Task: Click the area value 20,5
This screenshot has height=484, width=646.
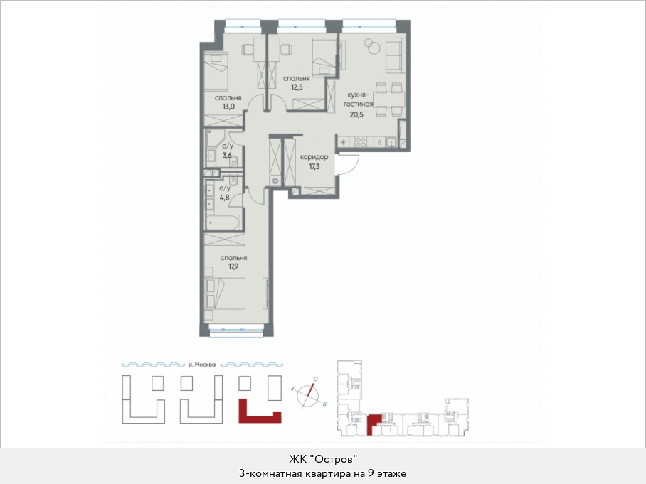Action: point(356,115)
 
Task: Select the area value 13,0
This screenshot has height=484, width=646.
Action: point(228,107)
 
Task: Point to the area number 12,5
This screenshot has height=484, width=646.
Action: point(296,87)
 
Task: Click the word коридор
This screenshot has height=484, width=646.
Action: point(314,157)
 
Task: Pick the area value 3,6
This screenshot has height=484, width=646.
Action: point(227,156)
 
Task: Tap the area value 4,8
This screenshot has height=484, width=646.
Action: point(224,197)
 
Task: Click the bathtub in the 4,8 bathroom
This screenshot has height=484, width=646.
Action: point(223,222)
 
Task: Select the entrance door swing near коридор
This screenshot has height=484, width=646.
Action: point(349,165)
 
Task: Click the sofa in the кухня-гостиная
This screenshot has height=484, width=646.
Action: point(395,53)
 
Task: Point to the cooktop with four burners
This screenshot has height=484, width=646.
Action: point(361,142)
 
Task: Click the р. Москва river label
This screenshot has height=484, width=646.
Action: point(201,365)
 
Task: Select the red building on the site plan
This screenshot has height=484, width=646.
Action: point(260,412)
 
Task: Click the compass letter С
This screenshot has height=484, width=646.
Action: point(315,378)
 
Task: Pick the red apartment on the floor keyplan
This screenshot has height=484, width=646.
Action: point(372,423)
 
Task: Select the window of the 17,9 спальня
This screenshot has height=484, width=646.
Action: point(235,329)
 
